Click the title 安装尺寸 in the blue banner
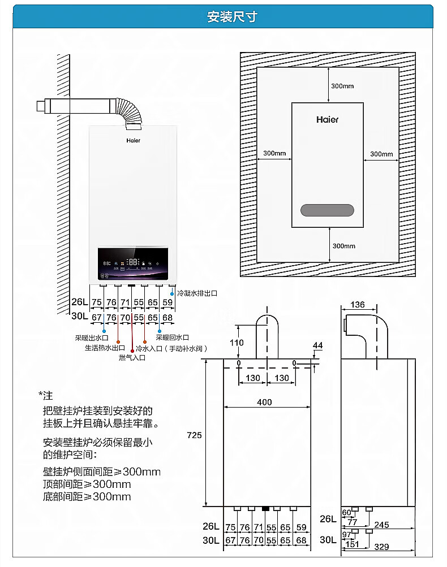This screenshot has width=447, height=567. tap(223, 17)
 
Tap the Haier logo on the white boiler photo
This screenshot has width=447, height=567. tap(134, 140)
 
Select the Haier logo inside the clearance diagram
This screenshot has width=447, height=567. tap(327, 120)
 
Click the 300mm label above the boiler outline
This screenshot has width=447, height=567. tap(342, 86)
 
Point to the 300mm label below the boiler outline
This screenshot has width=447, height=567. tap(343, 246)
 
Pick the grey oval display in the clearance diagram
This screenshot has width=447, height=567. tap(327, 210)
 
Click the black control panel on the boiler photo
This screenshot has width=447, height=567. tap(133, 265)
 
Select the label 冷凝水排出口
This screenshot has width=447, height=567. tap(197, 293)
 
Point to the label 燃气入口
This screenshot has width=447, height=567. tap(132, 357)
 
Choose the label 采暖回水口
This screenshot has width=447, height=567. tap(172, 337)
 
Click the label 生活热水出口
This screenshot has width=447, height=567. tap(105, 348)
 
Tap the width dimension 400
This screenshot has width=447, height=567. tap(264, 402)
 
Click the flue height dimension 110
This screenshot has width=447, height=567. tap(237, 343)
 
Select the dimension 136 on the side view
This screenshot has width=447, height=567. tap(358, 305)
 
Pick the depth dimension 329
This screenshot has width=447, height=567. tap(382, 547)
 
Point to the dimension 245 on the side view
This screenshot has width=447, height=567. tap(381, 525)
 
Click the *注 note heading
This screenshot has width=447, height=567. tap(45, 395)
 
